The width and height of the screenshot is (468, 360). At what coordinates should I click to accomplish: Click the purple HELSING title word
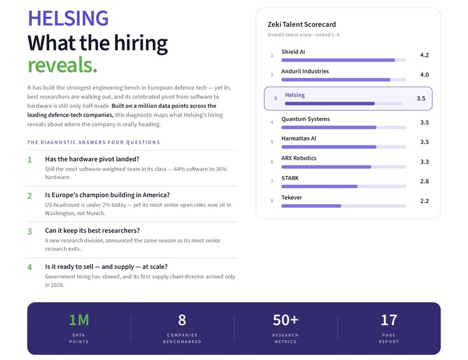click(68, 18)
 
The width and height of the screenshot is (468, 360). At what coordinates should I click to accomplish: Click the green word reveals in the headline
click(62, 65)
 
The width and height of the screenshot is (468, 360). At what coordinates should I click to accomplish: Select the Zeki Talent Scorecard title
click(301, 24)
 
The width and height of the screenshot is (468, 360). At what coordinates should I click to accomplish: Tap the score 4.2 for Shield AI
click(424, 55)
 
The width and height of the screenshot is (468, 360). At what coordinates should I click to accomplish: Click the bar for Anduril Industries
click(344, 80)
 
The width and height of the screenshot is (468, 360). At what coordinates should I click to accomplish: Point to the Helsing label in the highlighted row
click(295, 95)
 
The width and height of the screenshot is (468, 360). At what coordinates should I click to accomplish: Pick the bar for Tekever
click(344, 206)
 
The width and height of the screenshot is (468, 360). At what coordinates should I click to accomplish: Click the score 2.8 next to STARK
click(424, 181)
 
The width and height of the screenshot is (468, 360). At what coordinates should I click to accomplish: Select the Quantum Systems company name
click(305, 119)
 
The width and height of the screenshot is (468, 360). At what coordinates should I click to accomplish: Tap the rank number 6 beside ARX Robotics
click(272, 162)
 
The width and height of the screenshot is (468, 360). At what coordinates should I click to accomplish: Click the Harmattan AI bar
click(344, 147)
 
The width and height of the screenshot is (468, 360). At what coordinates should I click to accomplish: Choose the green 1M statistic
click(79, 320)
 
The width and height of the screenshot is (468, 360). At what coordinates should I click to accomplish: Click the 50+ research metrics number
click(285, 320)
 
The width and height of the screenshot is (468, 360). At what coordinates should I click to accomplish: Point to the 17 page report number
click(389, 320)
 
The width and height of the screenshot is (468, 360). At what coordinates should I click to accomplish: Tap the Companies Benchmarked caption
click(182, 338)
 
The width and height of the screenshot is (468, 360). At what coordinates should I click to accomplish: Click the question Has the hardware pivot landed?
click(92, 159)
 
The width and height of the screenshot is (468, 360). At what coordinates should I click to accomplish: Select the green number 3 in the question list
click(29, 231)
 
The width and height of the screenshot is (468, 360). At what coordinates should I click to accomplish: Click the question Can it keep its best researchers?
click(92, 230)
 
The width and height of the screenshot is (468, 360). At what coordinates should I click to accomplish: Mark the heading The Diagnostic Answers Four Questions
click(94, 142)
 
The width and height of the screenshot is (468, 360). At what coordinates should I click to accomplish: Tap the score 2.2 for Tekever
click(424, 201)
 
